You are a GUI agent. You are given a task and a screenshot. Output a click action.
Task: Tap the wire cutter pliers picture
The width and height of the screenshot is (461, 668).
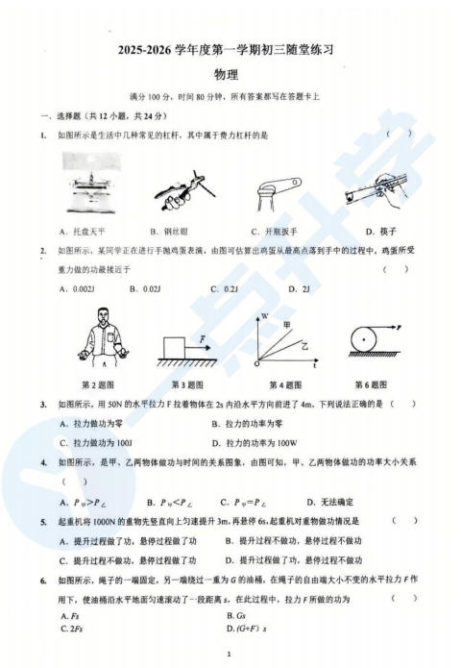click(x=180, y=186)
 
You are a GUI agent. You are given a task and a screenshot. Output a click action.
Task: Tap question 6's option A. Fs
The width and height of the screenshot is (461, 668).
click(x=69, y=615)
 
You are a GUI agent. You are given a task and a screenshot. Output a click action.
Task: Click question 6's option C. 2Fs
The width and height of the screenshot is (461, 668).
click(x=70, y=630)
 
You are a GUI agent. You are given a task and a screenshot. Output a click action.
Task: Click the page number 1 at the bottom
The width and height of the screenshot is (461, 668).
click(x=230, y=656)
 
